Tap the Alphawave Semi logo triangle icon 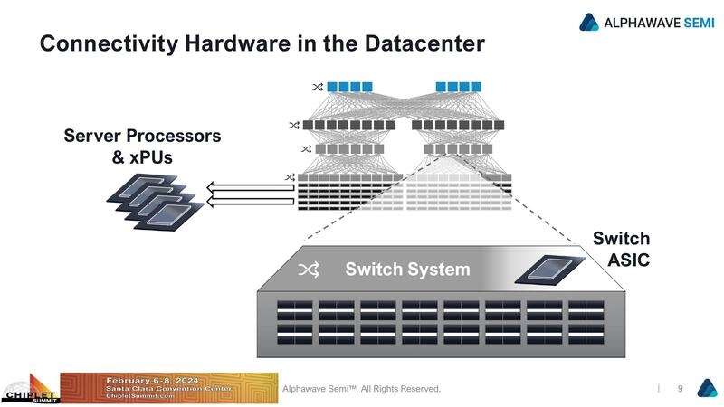click(590, 22)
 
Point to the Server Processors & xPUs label click(141, 147)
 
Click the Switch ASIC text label click(621, 250)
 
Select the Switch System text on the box click(407, 270)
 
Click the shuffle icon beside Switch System click(309, 270)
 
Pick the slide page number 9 click(680, 388)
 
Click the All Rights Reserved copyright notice click(362, 389)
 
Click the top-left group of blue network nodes click(349, 87)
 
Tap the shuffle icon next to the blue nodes click(318, 87)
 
